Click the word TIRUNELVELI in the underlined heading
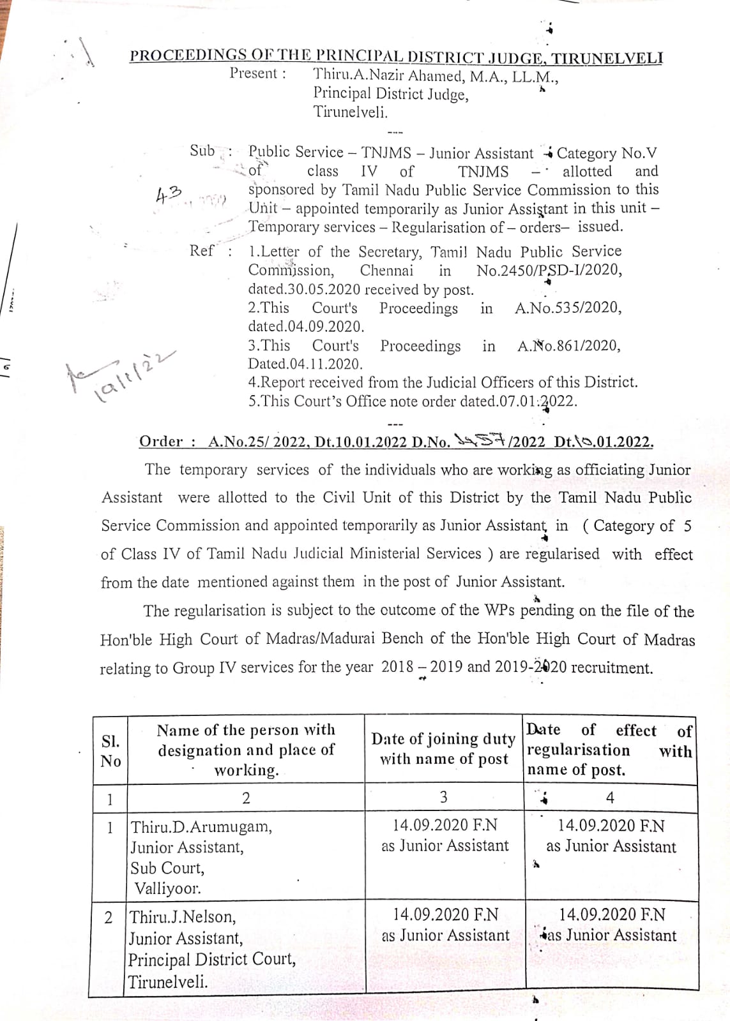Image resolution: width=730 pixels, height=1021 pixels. point(607,58)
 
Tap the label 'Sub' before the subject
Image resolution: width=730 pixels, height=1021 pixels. point(202,151)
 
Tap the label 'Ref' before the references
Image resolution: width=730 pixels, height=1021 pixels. point(202,251)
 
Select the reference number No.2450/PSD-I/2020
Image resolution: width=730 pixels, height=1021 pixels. point(549,270)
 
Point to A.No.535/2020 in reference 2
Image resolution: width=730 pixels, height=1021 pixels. point(568,308)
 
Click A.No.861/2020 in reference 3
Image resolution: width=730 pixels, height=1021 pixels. point(568,346)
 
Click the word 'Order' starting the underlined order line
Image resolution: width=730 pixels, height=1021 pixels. point(161,442)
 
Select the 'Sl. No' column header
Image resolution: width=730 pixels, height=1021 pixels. point(110,751)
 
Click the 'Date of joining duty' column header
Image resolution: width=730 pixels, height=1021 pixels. point(443,739)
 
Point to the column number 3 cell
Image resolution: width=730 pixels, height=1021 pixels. point(443,797)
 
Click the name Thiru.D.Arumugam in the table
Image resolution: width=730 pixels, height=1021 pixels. point(201,827)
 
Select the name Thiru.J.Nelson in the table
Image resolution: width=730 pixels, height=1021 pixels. point(183,917)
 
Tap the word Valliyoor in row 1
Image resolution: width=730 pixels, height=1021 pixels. point(167,888)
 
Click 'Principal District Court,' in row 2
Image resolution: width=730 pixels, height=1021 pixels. point(212,960)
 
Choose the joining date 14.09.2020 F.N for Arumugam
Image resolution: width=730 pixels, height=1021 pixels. point(445,825)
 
